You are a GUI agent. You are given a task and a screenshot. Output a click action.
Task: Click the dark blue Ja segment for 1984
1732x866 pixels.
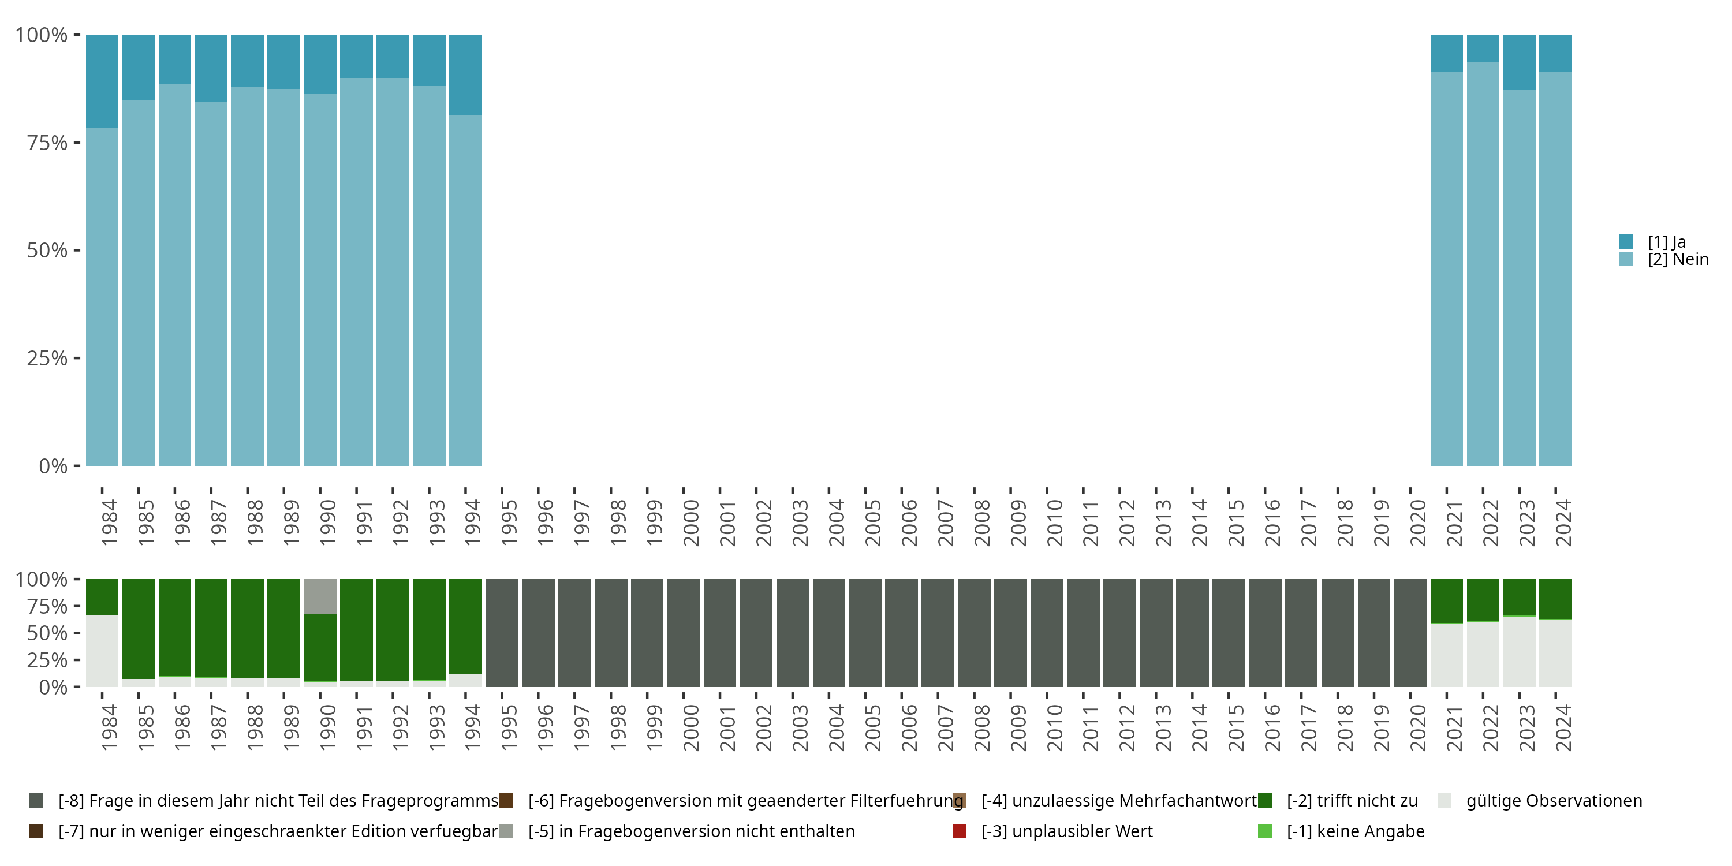tap(102, 81)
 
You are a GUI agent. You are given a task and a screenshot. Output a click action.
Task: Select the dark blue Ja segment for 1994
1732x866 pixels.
tap(465, 74)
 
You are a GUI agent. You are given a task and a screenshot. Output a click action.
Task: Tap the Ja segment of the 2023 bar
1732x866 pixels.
tap(1519, 62)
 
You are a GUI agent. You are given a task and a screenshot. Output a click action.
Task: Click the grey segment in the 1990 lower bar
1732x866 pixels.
tap(320, 596)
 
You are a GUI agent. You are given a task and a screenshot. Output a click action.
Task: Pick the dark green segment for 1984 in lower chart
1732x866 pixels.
tap(102, 596)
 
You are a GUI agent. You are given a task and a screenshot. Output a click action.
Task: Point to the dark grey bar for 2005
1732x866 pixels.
tap(865, 633)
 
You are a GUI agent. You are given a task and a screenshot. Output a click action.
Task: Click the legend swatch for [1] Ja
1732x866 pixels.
tap(1626, 241)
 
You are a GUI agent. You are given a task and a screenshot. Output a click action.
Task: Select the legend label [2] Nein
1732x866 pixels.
tap(1678, 260)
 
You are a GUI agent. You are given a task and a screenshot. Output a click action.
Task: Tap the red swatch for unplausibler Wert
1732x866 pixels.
tap(960, 831)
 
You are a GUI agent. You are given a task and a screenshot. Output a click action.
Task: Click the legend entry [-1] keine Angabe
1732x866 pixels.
tap(1355, 831)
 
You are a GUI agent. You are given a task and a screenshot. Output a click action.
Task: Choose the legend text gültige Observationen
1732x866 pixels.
tap(1554, 801)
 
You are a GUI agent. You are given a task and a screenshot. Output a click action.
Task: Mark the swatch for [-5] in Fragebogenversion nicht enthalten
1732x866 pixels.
tap(506, 831)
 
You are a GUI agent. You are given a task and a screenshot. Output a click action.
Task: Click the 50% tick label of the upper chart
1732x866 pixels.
tap(47, 251)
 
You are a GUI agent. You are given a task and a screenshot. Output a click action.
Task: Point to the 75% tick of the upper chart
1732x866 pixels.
tap(47, 143)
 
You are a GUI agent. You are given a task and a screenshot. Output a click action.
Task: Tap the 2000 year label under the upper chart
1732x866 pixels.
tap(690, 522)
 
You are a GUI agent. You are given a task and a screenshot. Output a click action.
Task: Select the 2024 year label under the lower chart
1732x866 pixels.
tap(1563, 727)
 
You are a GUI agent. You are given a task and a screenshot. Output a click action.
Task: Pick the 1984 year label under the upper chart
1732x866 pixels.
tap(109, 522)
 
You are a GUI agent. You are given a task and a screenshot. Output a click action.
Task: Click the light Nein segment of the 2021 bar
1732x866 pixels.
tap(1446, 269)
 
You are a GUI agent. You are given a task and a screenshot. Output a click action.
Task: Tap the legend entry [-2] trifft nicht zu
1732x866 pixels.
tap(1352, 801)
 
